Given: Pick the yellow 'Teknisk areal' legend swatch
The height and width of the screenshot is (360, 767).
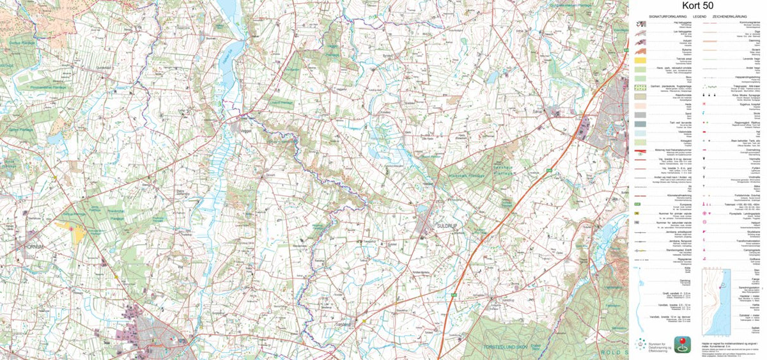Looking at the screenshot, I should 642,59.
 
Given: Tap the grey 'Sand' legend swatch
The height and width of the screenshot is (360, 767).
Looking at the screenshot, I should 642,113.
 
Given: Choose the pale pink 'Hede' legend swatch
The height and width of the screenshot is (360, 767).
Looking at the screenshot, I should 642,104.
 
